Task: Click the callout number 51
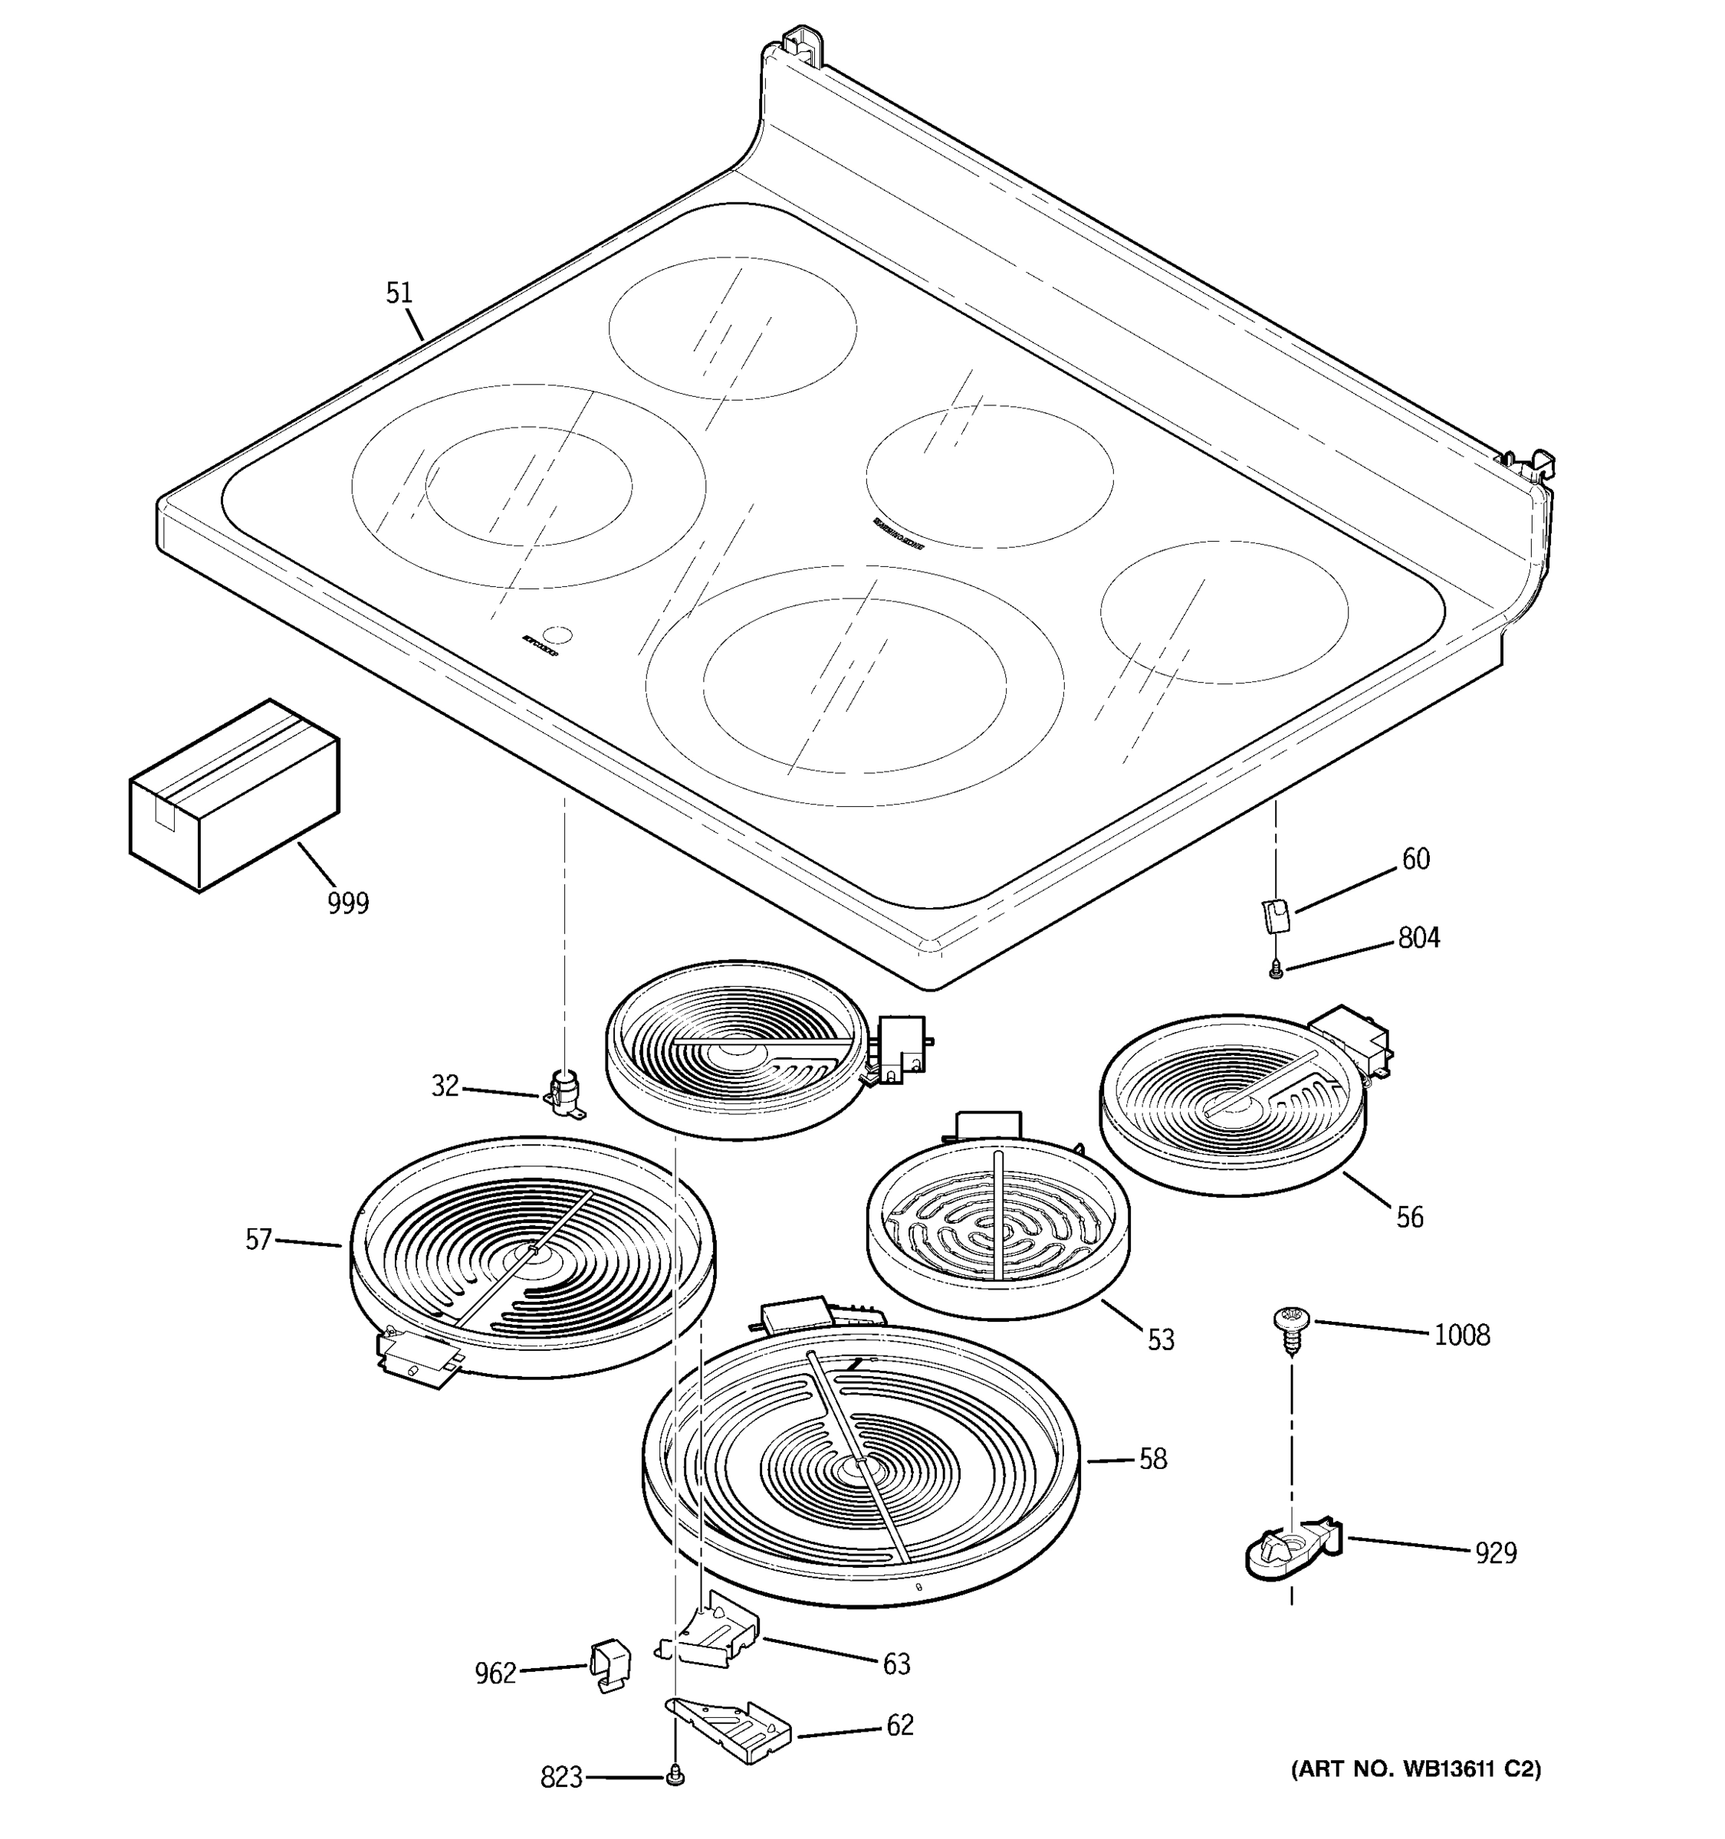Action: [398, 293]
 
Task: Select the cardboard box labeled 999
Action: [233, 795]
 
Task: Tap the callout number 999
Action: [348, 903]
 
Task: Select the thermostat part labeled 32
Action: [563, 1093]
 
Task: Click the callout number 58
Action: [1152, 1459]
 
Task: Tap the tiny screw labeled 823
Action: [675, 1776]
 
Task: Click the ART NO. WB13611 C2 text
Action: [1416, 1769]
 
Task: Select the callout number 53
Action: [1161, 1339]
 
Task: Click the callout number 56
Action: [1409, 1218]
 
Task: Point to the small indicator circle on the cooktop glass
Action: [557, 634]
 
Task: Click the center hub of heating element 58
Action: [859, 1468]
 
